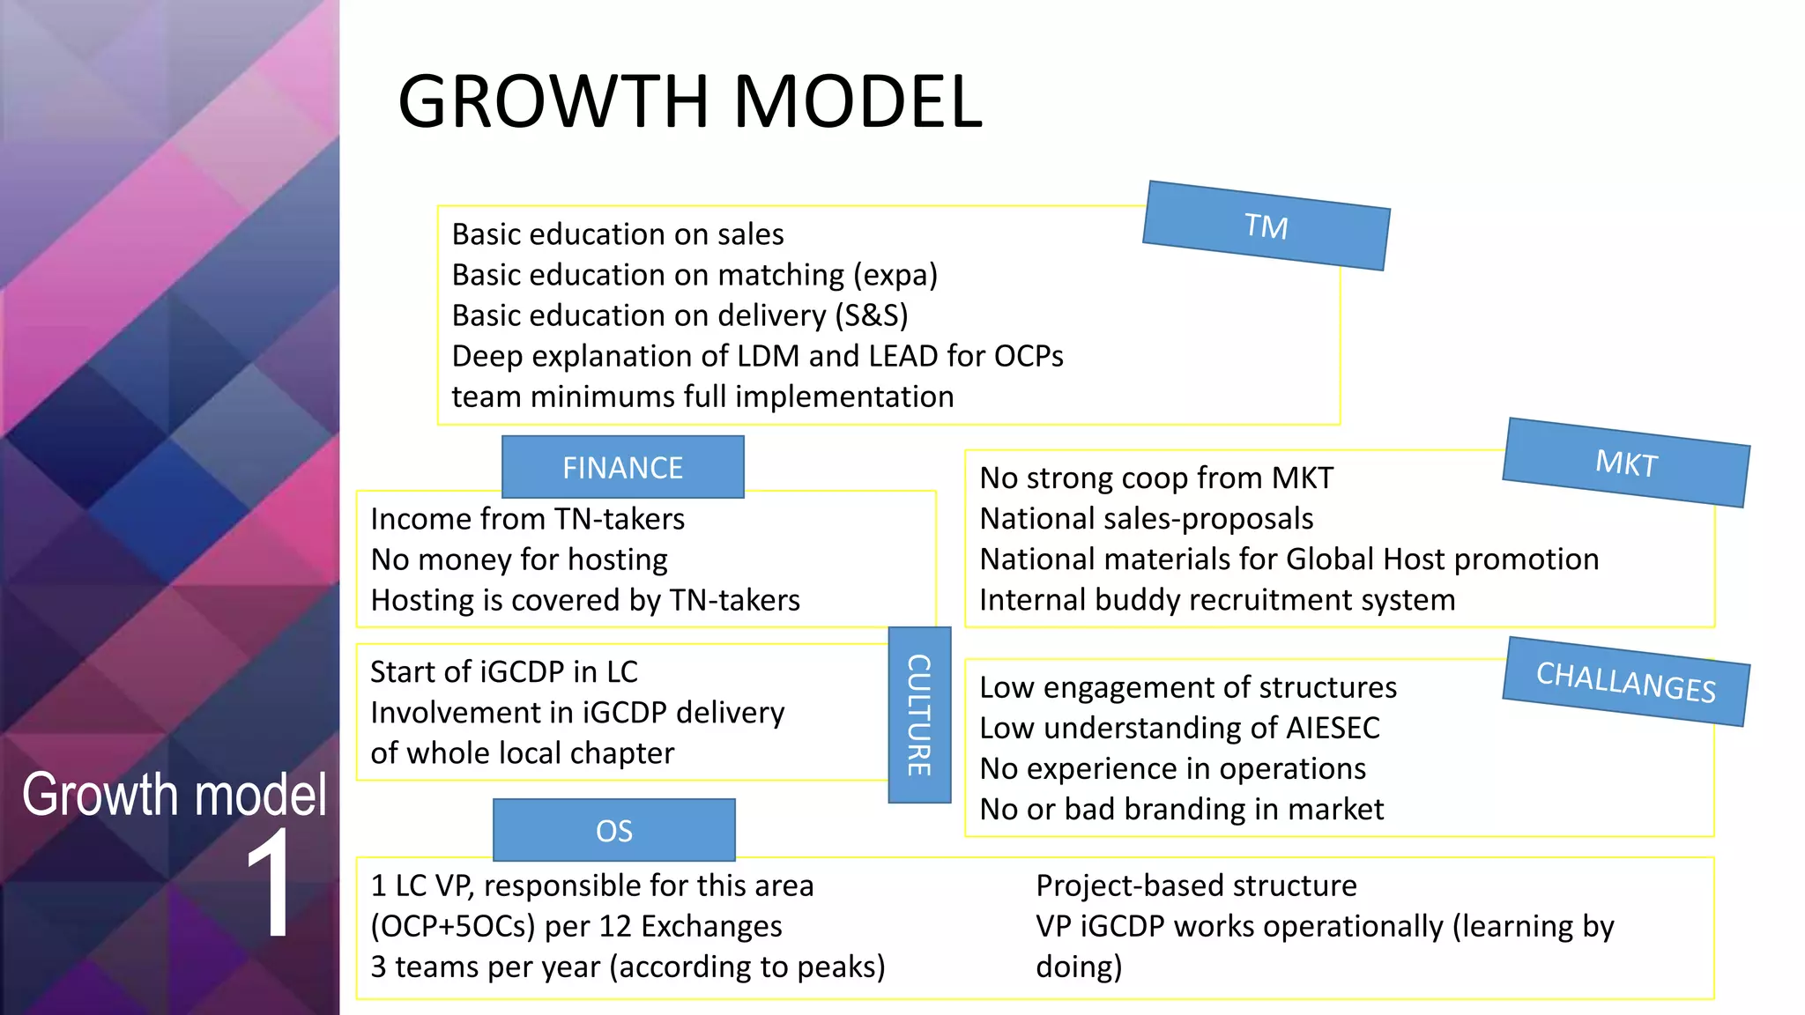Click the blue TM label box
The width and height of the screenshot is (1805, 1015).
click(1266, 226)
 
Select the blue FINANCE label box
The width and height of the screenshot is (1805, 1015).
click(622, 468)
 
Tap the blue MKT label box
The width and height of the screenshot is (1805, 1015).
click(1626, 463)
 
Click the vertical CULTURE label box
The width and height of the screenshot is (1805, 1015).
click(919, 715)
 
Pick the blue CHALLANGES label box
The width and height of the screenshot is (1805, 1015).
click(1626, 682)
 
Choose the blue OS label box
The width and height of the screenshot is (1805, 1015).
click(613, 830)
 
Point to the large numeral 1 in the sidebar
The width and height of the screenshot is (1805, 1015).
click(268, 884)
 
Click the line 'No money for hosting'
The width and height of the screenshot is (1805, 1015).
click(519, 559)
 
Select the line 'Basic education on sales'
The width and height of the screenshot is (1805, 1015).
click(618, 234)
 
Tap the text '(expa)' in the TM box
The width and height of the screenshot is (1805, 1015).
click(895, 275)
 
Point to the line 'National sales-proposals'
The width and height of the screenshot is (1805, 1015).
click(1146, 519)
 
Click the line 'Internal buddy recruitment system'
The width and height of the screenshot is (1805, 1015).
click(1217, 600)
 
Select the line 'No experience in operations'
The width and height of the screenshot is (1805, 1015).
click(1172, 769)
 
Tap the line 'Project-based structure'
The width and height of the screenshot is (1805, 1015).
click(1196, 885)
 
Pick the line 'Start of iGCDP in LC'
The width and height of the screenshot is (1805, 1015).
click(503, 672)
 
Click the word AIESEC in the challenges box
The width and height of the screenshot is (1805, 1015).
click(1333, 728)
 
